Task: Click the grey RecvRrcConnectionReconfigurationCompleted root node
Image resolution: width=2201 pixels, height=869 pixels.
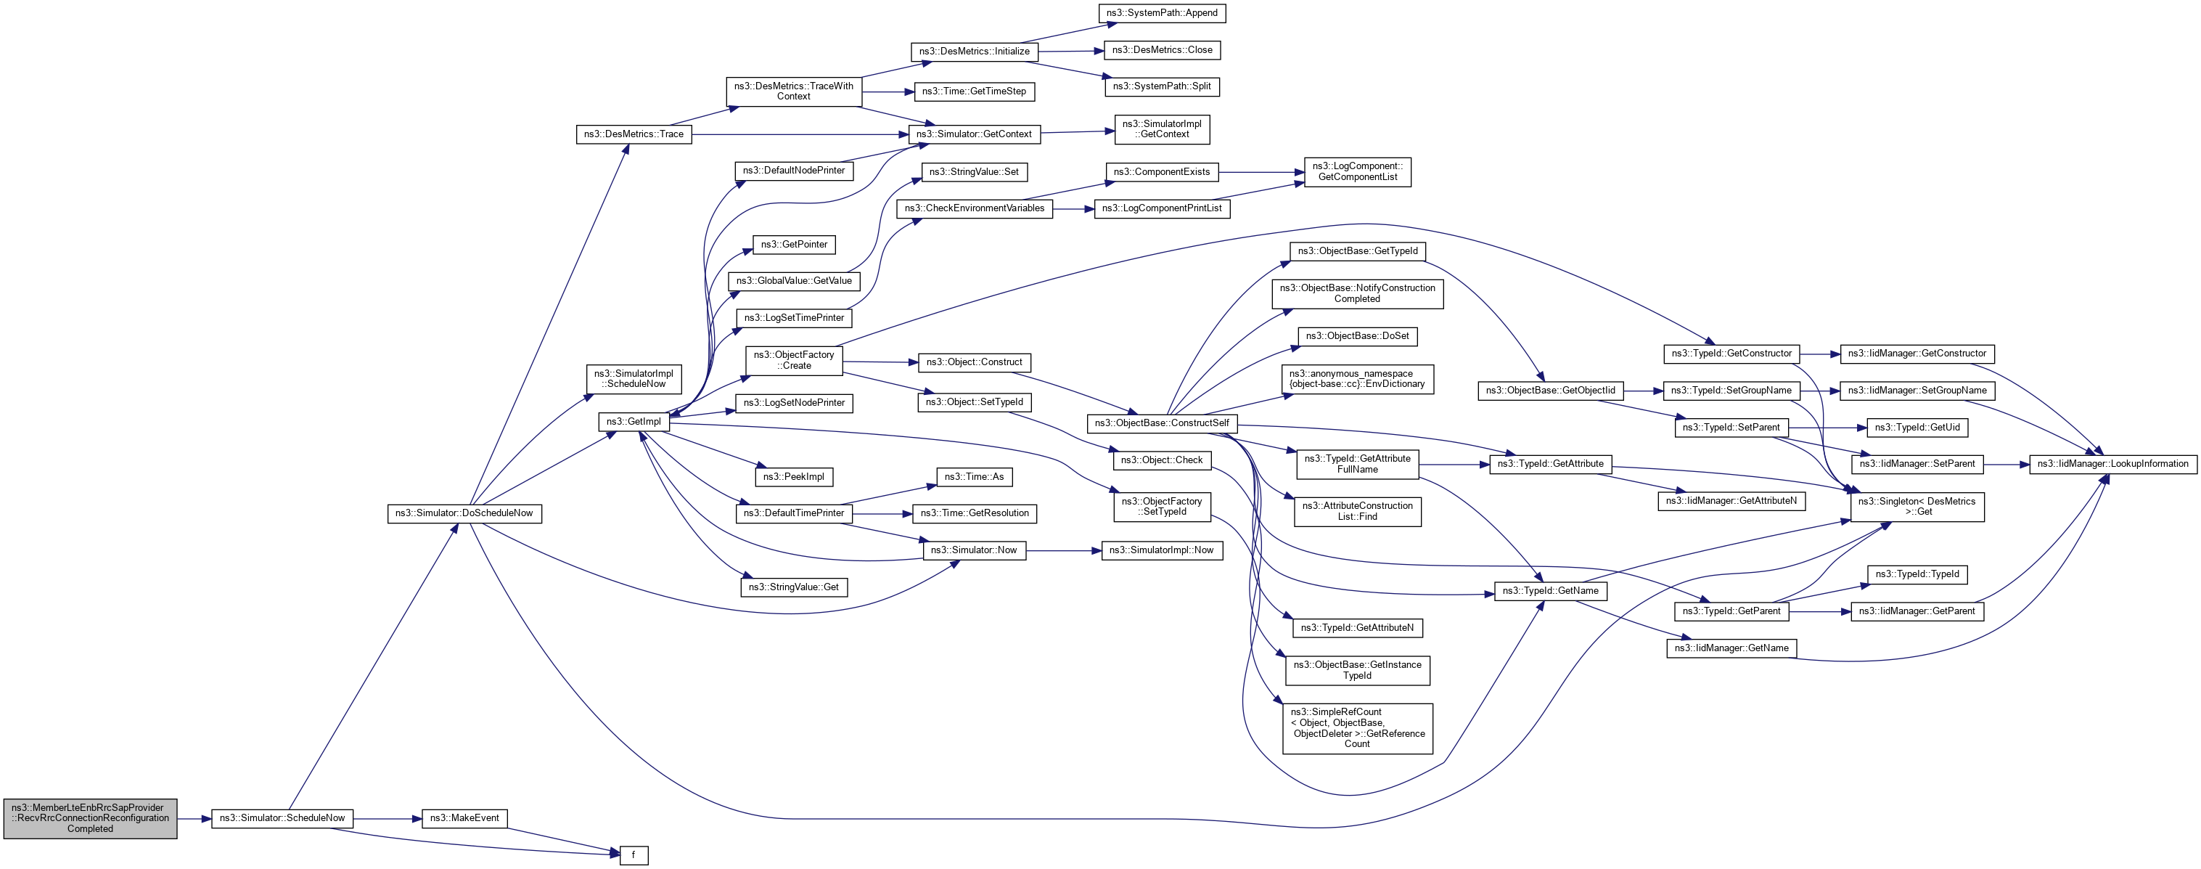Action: click(x=90, y=817)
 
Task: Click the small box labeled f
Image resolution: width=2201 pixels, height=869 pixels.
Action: click(x=633, y=854)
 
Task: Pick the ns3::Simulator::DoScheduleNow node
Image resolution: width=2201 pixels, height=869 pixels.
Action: click(x=464, y=513)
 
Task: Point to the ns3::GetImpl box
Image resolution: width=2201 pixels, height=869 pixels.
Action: click(x=633, y=421)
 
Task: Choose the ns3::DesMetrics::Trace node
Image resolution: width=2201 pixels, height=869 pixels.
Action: click(x=633, y=134)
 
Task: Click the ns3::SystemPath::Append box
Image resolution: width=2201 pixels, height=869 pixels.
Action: click(x=1161, y=13)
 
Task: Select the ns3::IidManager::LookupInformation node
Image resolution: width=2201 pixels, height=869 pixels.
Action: click(x=2112, y=464)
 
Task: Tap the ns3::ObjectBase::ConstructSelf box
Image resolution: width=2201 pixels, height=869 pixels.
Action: click(x=1161, y=423)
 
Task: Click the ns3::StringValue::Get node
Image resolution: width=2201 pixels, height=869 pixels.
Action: click(x=794, y=587)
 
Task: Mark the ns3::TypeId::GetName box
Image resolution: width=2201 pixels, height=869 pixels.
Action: click(x=1550, y=590)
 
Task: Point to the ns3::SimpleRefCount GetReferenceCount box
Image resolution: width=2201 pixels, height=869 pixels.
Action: click(x=1357, y=728)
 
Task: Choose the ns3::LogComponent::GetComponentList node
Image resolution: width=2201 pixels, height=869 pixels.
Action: click(x=1357, y=172)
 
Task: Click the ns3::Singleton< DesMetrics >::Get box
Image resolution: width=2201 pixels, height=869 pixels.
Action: click(x=1917, y=507)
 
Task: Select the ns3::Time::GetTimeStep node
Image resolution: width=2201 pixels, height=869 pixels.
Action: click(x=974, y=91)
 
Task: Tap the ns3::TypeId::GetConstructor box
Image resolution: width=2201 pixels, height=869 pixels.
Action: click(x=1731, y=354)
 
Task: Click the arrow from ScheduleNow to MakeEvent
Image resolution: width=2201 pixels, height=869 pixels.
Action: click(x=387, y=819)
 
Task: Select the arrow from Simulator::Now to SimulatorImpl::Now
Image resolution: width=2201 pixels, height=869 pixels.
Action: click(x=1064, y=551)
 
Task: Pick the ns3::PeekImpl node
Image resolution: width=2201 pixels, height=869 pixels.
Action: click(x=794, y=477)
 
